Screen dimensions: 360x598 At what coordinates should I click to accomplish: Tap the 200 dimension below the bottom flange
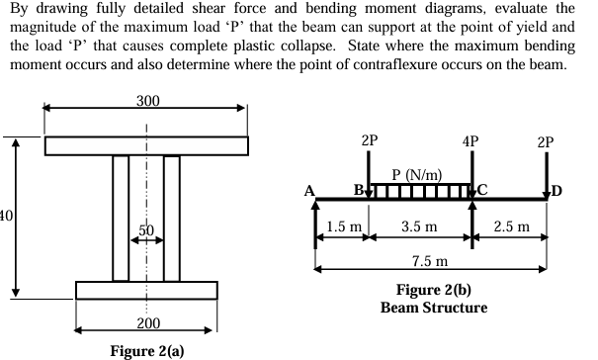tap(146, 323)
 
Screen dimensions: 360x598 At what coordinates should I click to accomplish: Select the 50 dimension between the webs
tap(146, 229)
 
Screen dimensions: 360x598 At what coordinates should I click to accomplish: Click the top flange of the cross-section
tap(146, 145)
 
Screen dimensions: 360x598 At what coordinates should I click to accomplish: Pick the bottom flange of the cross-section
tap(146, 290)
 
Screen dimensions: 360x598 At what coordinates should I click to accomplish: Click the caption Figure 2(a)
tap(146, 349)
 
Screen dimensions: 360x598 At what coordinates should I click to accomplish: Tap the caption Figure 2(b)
tap(433, 291)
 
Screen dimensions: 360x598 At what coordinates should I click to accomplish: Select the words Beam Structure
tap(433, 308)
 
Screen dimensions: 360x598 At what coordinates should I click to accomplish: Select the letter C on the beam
tap(483, 191)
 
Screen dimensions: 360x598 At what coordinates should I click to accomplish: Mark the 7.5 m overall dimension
tap(430, 259)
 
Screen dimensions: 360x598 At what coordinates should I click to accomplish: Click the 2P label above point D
tap(546, 140)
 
